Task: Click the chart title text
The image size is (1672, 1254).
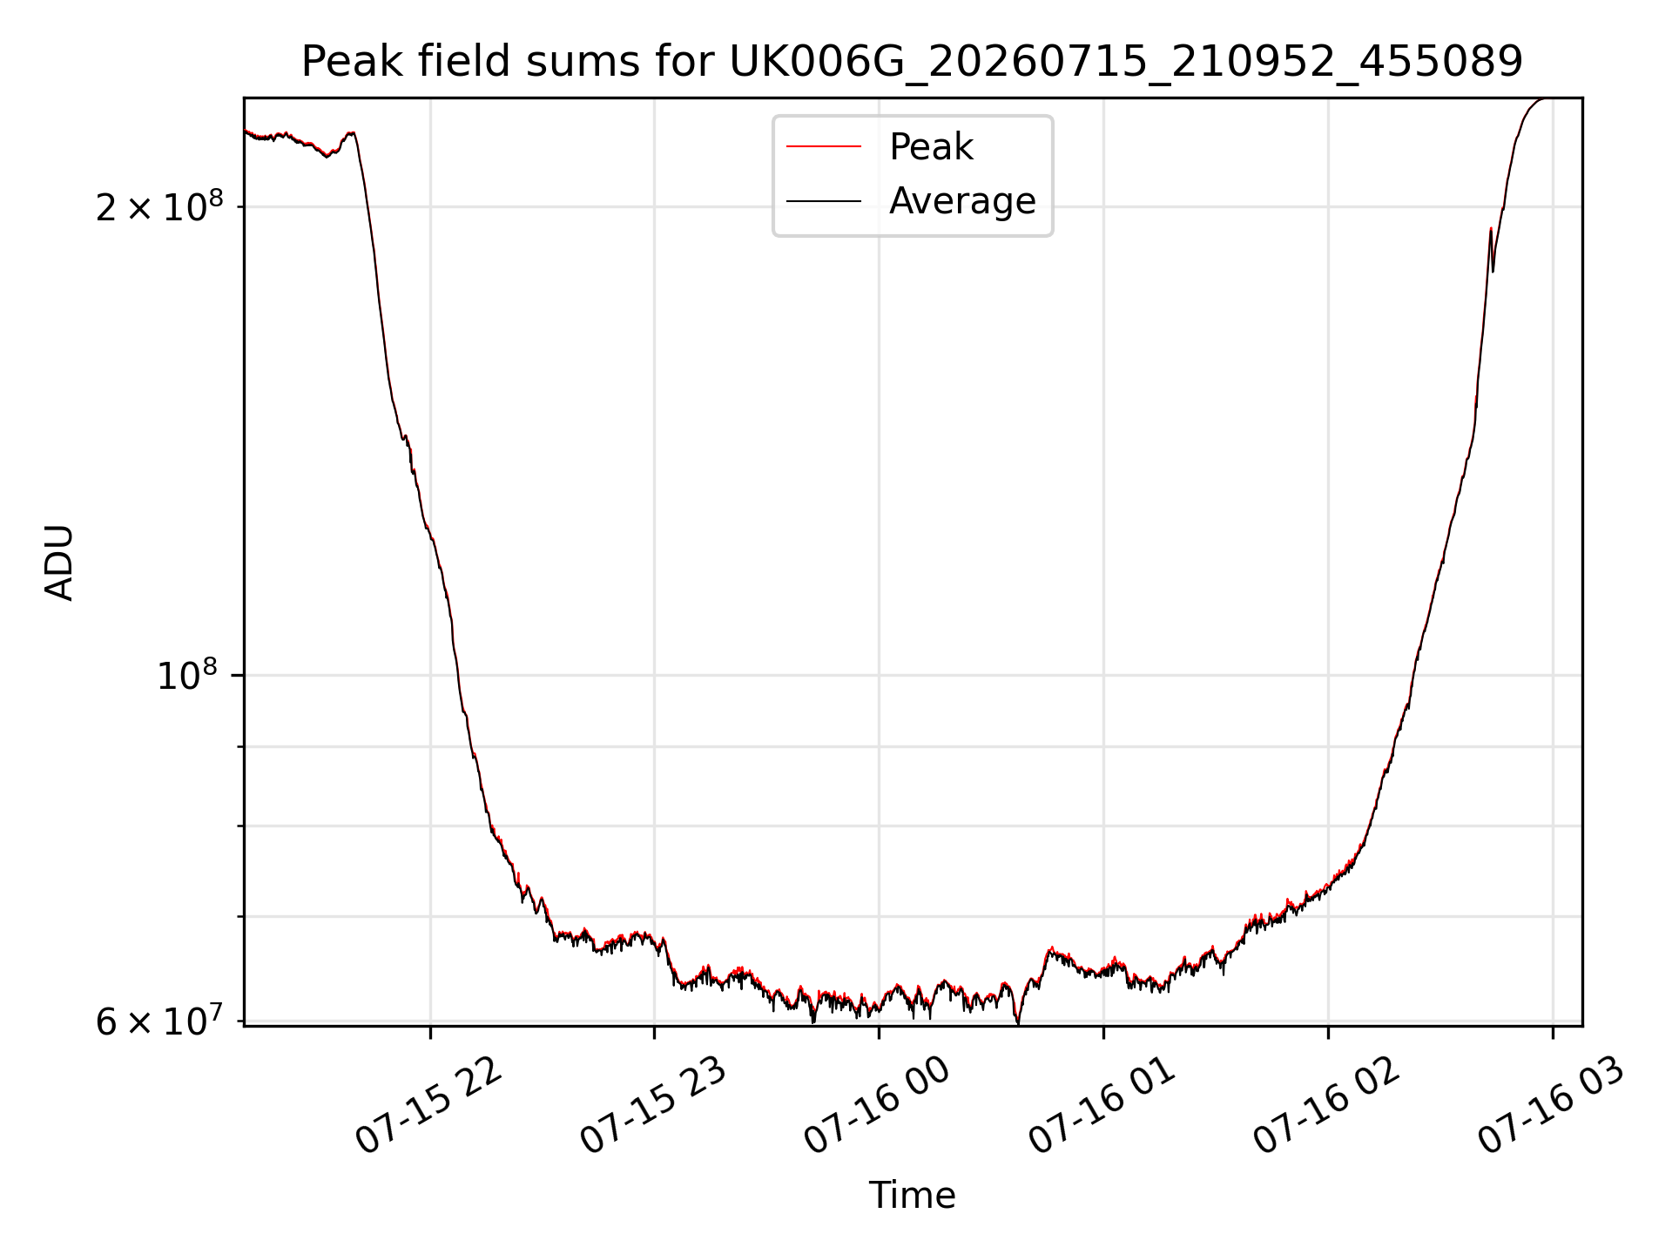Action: tap(912, 62)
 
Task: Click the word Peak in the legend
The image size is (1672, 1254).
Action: tap(931, 147)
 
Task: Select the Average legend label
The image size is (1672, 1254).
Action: tap(962, 201)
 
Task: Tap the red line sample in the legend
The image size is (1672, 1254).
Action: tap(824, 147)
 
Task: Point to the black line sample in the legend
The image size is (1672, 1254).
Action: tap(824, 201)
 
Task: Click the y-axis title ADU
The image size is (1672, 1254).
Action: tap(59, 563)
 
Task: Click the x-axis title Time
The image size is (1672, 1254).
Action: tap(912, 1196)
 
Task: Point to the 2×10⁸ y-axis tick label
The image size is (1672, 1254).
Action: tap(159, 206)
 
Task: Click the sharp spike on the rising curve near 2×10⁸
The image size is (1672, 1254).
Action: tap(1491, 229)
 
